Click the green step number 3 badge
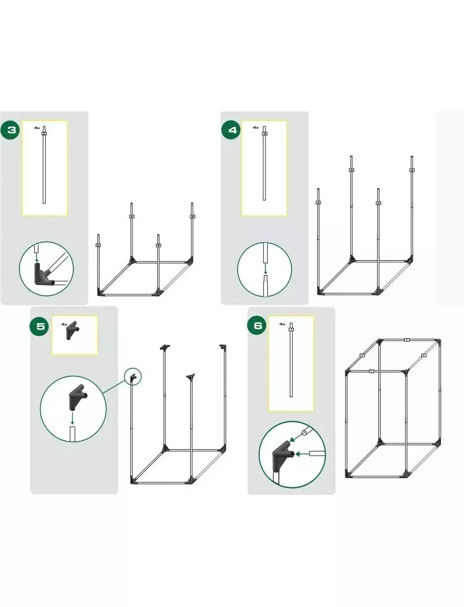click(12, 129)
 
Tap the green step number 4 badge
click(232, 129)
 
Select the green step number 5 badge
click(40, 326)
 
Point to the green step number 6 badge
click(258, 325)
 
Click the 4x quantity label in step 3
click(37, 127)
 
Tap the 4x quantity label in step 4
click(256, 127)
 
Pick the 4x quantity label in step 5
click(64, 324)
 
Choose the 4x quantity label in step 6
click(282, 324)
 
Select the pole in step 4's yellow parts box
click(264, 163)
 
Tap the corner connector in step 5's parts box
click(72, 331)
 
